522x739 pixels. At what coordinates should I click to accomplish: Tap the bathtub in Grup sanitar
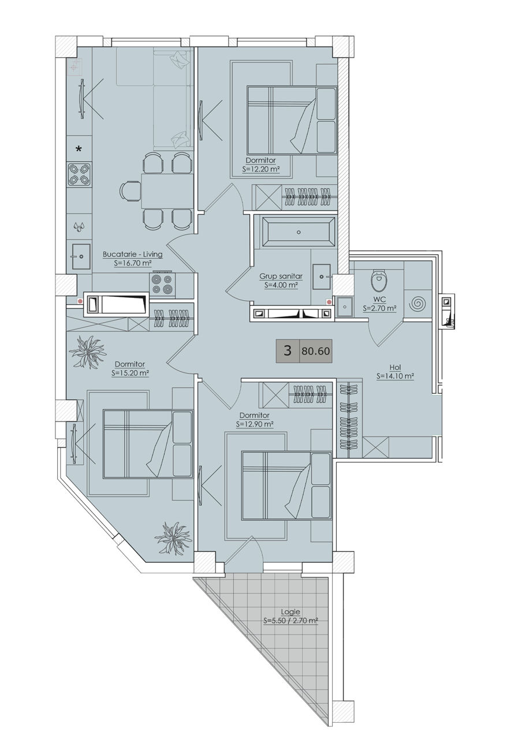click(299, 232)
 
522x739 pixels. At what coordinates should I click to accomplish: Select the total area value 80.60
click(315, 351)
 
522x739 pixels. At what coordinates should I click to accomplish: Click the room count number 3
click(288, 350)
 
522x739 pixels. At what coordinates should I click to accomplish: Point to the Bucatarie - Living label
click(133, 255)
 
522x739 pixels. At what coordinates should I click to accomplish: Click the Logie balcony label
click(290, 611)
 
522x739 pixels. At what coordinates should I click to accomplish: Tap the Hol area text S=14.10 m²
click(396, 376)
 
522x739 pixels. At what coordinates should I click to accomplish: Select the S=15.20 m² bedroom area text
click(130, 373)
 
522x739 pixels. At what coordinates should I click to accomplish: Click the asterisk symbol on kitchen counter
click(79, 149)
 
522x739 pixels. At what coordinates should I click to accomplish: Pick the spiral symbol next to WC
click(417, 304)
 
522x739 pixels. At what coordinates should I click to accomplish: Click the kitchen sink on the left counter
click(81, 256)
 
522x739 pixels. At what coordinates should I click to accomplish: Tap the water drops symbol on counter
click(79, 227)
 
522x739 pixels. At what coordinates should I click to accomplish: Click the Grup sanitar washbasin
click(322, 277)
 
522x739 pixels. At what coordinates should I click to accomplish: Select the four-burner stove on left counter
click(80, 175)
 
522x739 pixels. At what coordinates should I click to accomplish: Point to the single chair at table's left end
click(130, 191)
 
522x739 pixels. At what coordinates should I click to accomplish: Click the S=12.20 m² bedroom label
click(260, 170)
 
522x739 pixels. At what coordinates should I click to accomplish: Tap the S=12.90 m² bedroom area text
click(255, 424)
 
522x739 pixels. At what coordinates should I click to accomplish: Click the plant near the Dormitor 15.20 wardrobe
click(87, 352)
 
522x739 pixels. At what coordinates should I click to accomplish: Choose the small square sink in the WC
click(344, 307)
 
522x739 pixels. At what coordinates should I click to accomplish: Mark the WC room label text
click(379, 300)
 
